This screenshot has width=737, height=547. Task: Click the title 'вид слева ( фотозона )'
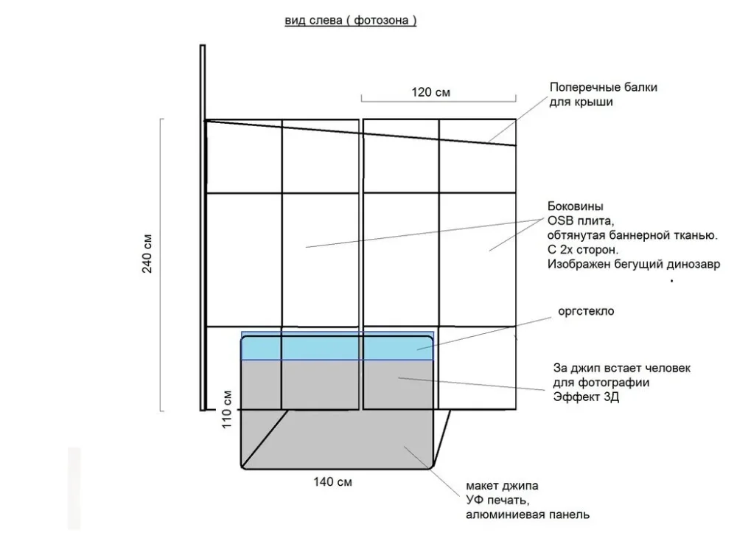click(351, 21)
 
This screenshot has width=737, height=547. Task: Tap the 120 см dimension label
click(431, 92)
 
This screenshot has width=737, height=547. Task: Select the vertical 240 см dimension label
click(147, 254)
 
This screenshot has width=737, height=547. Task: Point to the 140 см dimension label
click(333, 481)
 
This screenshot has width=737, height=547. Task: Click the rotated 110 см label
click(226, 409)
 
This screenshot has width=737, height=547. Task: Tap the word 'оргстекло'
click(586, 311)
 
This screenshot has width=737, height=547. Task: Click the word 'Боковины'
click(576, 206)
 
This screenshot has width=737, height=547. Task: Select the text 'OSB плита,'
click(581, 220)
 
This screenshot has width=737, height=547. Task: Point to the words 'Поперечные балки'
click(604, 87)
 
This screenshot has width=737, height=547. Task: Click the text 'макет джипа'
click(502, 485)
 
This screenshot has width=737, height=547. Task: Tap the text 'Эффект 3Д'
click(586, 397)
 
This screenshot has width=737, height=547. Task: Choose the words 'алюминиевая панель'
click(528, 515)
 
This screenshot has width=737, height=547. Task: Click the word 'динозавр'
click(694, 265)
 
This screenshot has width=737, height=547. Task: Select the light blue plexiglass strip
click(338, 346)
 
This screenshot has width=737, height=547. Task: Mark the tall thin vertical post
click(203, 228)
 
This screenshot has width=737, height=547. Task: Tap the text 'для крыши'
click(581, 102)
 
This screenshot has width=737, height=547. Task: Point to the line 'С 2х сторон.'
click(583, 250)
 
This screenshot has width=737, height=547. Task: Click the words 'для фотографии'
click(601, 383)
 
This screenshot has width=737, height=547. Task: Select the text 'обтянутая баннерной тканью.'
click(632, 235)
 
